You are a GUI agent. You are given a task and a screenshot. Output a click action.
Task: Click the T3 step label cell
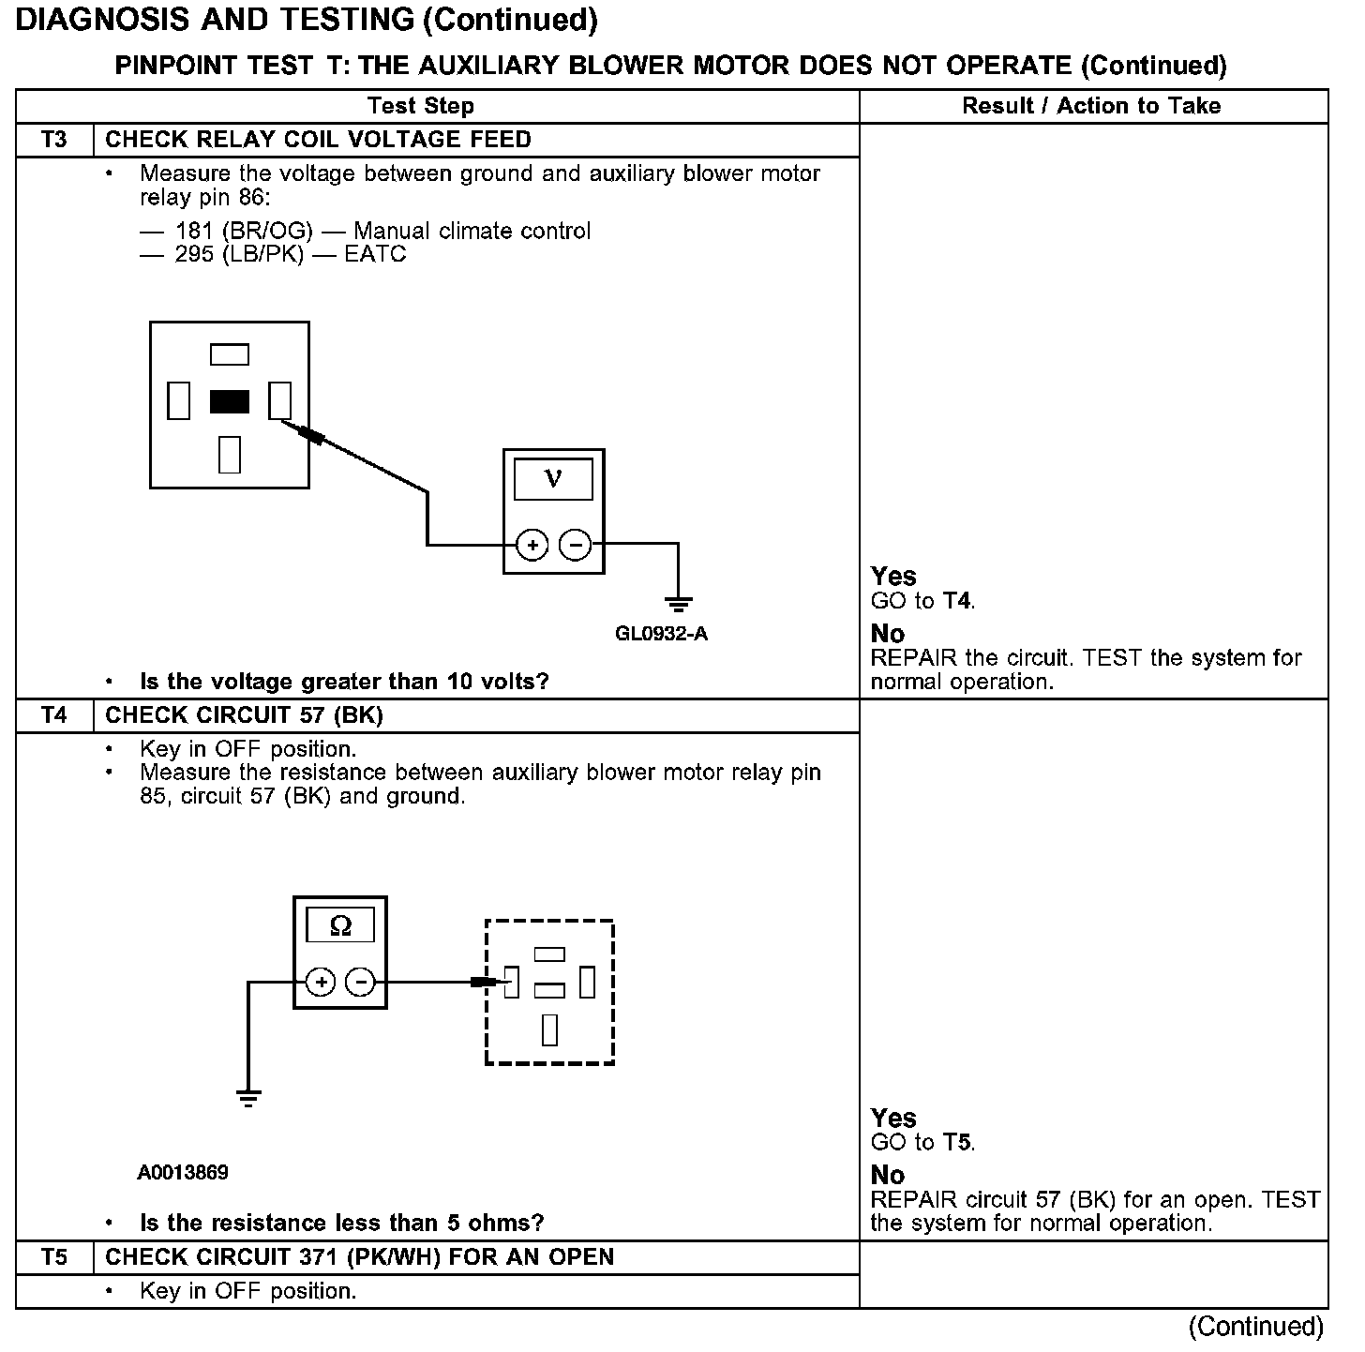[x=54, y=140]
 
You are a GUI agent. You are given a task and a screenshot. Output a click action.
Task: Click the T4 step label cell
[x=54, y=715]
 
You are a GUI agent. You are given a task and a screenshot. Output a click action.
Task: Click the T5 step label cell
[x=54, y=1257]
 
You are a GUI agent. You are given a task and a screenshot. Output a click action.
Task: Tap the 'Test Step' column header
[x=420, y=106]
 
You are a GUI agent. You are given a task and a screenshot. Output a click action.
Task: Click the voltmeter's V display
[x=553, y=479]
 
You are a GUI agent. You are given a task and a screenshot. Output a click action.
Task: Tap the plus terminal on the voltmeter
[x=532, y=545]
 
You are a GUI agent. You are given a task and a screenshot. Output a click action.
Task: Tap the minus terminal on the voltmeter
[x=575, y=545]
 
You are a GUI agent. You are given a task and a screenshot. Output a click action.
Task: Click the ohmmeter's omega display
[x=340, y=926]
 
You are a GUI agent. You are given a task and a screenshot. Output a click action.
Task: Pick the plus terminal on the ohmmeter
[x=321, y=983]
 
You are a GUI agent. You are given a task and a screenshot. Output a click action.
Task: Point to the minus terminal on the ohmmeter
[x=361, y=983]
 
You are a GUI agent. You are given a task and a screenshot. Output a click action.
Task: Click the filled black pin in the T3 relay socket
[x=230, y=402]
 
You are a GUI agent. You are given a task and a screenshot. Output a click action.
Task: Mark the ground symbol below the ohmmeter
[x=247, y=1098]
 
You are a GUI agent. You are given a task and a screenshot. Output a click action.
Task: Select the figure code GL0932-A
[x=661, y=634]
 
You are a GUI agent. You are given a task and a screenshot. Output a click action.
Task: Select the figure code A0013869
[x=183, y=1172]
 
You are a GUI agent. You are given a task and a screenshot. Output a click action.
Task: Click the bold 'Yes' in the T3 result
[x=893, y=576]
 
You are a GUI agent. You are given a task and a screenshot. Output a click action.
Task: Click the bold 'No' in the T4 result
[x=887, y=1175]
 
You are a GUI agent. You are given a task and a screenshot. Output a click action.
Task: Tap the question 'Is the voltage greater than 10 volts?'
[x=344, y=682]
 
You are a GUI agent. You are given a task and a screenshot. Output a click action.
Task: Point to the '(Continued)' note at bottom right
[x=1256, y=1327]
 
